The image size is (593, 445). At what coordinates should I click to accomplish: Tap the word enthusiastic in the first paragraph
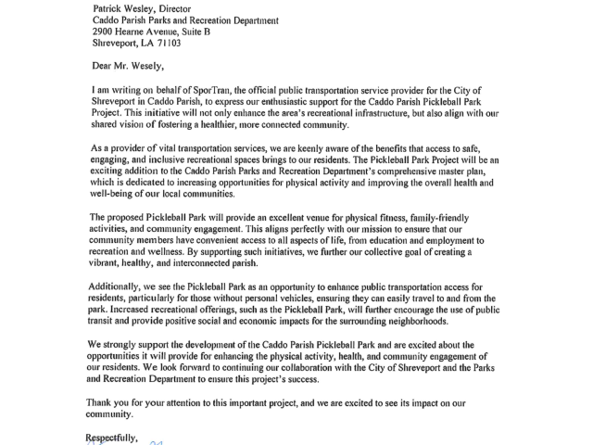click(x=351, y=101)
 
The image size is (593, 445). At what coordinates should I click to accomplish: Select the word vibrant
click(x=112, y=263)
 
